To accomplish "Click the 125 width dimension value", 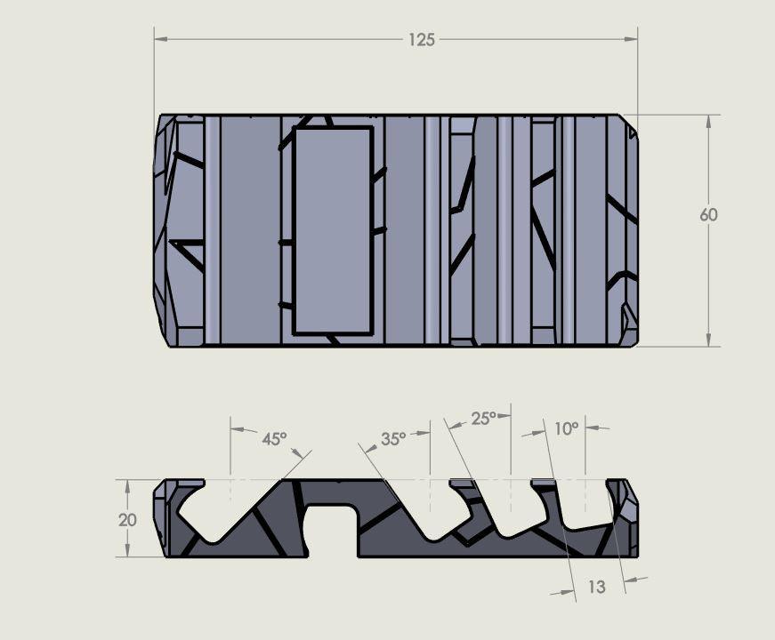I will pos(422,40).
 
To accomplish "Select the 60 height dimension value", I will pos(708,215).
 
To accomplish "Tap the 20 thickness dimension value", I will pos(128,520).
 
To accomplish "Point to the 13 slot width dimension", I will pos(596,587).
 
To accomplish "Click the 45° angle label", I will pos(274,439).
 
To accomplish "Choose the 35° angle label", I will pos(393,439).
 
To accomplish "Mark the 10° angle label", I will pos(566,428).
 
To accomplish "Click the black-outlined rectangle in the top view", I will pos(332,230).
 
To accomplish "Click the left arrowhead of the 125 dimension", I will pos(160,40).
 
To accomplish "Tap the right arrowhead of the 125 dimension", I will pos(632,40).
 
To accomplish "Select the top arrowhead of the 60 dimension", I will pos(708,121).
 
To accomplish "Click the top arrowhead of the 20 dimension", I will pos(128,485).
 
